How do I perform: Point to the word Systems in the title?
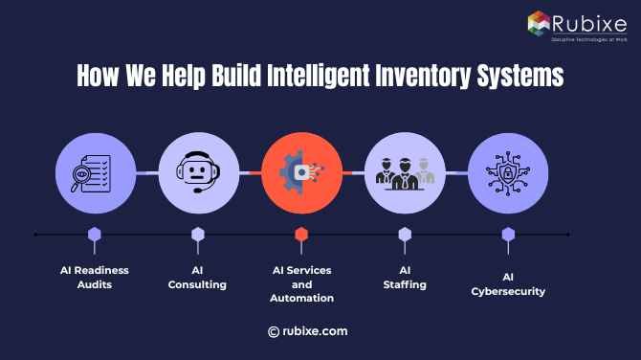tap(521, 76)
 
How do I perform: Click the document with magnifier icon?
tap(94, 173)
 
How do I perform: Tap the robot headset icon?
tap(197, 173)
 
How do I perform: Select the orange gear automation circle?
tap(300, 173)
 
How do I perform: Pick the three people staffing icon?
tap(405, 173)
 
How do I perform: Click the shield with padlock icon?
tap(508, 173)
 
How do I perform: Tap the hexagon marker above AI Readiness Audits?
tap(94, 234)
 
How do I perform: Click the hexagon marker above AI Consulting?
tap(197, 234)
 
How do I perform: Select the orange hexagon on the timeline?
tap(301, 234)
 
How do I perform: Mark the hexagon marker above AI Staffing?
tap(405, 234)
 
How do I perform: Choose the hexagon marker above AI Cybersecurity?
tap(508, 234)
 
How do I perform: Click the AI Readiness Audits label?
tap(94, 278)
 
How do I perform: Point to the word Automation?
tap(301, 299)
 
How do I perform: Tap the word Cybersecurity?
tap(508, 291)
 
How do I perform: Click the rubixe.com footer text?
tap(315, 331)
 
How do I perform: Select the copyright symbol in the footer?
tap(274, 331)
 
